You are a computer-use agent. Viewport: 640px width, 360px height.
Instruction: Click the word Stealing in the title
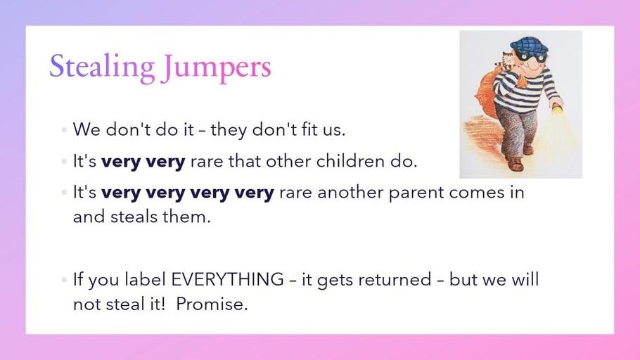coord(102,67)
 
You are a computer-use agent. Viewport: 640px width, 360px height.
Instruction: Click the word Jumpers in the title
coord(217,67)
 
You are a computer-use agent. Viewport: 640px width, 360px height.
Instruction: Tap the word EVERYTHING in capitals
coord(227,280)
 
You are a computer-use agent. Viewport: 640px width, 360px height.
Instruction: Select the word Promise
coord(212,304)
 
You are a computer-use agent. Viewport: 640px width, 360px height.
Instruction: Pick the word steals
coord(134,217)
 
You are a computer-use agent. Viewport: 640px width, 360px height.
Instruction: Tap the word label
coord(146,279)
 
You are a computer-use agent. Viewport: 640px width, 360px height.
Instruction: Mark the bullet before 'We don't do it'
coord(64,130)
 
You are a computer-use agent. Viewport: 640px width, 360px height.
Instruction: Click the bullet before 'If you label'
coord(64,280)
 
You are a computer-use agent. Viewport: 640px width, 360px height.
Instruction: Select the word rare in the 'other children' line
coord(207,162)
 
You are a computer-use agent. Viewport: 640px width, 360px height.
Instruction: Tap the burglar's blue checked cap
coord(529,45)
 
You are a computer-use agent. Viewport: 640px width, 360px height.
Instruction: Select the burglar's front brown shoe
coord(515,164)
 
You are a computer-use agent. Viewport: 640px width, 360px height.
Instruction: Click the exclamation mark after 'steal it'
coord(163,304)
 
